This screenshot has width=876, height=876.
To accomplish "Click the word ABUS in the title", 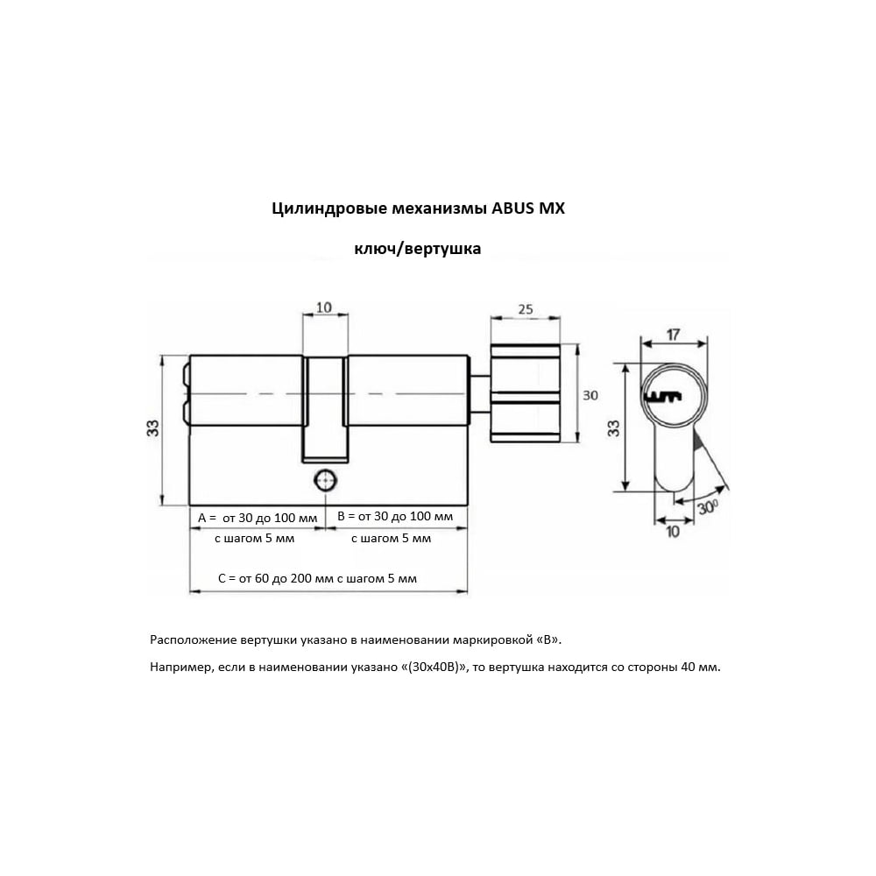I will pos(521,209).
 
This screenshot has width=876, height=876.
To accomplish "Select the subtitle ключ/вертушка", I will pos(417,249).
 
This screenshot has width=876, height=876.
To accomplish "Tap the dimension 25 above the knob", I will pos(526,308).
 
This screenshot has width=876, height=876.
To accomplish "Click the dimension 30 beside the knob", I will pos(590,395).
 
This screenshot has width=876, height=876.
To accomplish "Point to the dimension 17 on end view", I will pos(674,334).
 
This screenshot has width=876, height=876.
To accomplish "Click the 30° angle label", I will pos(709,505).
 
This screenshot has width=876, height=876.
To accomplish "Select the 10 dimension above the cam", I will pos(323,307).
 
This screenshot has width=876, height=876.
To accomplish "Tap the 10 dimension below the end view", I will pos(672,532).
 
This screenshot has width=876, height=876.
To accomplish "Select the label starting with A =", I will pos(257,518).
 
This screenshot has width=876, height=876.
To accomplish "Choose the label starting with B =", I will pos(395,517).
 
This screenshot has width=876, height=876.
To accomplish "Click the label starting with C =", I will pos(316,578).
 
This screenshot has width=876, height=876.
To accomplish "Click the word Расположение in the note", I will pos(192,639).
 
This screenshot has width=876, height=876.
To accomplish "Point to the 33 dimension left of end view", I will pos(614,428).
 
